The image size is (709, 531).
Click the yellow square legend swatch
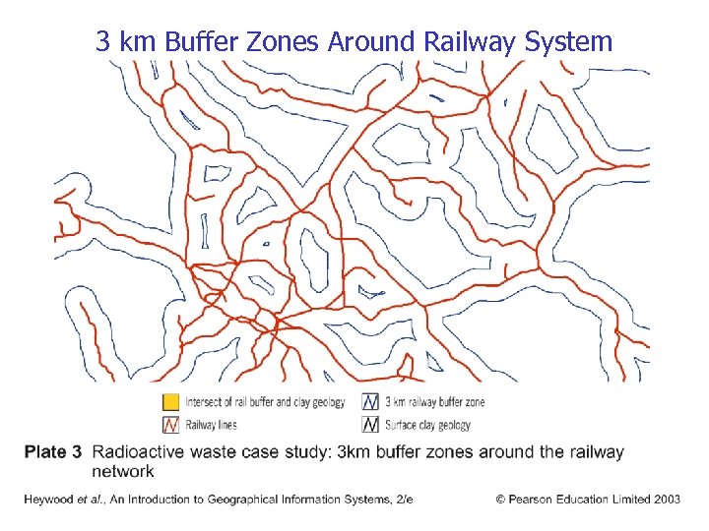click(170, 402)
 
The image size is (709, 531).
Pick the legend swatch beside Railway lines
click(170, 425)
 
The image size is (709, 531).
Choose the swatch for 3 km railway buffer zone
click(371, 402)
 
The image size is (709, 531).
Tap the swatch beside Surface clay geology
click(371, 425)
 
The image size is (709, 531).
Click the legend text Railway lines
click(212, 426)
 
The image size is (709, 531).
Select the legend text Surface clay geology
click(427, 426)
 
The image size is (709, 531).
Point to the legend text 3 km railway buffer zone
click(435, 402)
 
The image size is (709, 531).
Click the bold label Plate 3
click(52, 452)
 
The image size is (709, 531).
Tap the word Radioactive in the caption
click(138, 452)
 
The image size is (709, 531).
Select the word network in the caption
click(122, 471)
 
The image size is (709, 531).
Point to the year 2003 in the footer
click(665, 500)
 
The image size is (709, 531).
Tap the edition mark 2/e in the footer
click(403, 500)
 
